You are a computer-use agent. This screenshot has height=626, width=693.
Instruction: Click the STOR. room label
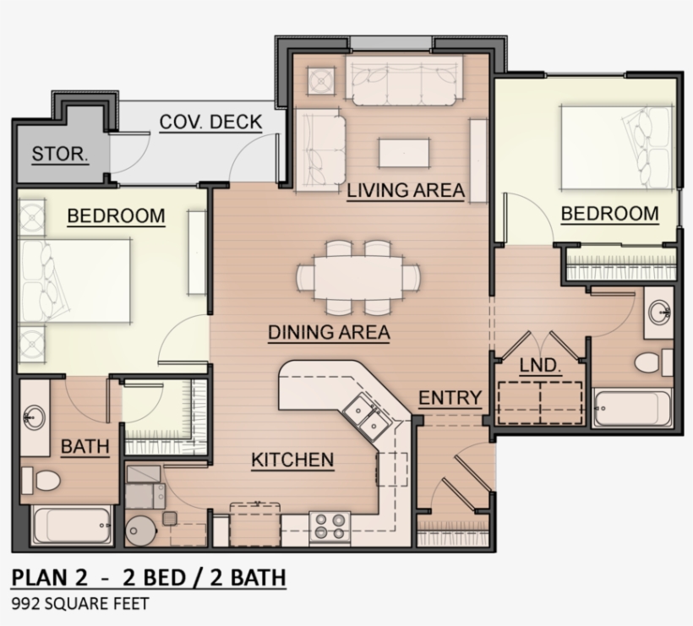[x=60, y=154]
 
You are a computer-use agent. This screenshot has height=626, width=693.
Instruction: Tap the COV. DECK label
[x=210, y=122]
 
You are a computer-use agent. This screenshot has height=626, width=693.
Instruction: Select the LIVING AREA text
[x=406, y=190]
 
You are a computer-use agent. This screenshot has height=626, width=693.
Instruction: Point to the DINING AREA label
[x=329, y=332]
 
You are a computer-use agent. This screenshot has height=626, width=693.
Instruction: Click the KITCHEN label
[x=292, y=460]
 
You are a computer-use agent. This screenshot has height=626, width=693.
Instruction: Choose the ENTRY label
[x=450, y=398]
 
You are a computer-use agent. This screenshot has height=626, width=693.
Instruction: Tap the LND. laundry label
[x=541, y=366]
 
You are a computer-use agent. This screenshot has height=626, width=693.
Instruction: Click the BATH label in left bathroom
[x=85, y=447]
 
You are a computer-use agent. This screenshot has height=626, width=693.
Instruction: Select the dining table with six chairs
[x=358, y=276]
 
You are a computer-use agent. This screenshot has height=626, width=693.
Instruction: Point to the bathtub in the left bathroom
[x=74, y=526]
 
